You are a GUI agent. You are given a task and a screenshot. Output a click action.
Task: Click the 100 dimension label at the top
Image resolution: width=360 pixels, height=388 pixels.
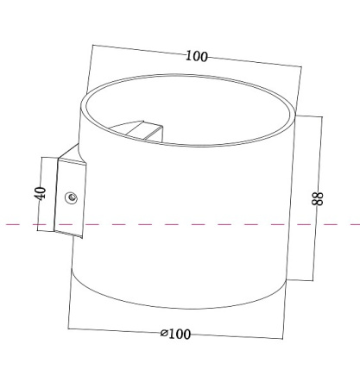(196, 56)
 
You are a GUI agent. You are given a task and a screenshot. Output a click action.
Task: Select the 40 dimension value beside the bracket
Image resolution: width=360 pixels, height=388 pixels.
(40, 193)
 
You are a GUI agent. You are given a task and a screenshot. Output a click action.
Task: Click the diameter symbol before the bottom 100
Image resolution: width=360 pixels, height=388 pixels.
(163, 335)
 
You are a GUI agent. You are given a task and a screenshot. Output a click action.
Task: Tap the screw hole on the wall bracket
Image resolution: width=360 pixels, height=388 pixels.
(72, 197)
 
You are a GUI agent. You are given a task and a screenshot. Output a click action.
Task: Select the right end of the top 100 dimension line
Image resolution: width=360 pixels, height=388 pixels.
(304, 67)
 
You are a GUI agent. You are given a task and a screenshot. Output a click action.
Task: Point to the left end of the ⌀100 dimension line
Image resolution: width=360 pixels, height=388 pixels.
(68, 327)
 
